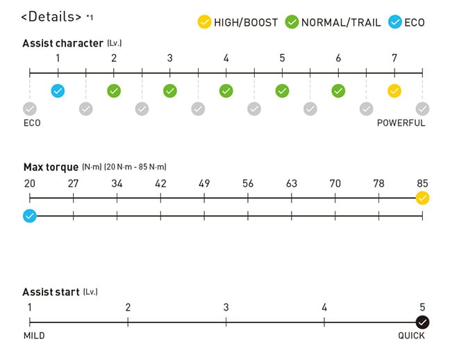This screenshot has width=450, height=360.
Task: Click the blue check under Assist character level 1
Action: (58, 90)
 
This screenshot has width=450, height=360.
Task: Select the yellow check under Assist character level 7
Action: (394, 90)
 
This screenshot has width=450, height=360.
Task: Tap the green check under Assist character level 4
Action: (226, 90)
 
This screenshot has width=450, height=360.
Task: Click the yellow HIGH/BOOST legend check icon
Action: (203, 22)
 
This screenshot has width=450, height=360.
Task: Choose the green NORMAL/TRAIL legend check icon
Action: (292, 22)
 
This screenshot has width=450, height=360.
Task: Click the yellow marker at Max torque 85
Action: (422, 198)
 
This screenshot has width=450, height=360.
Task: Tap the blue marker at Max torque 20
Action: (29, 216)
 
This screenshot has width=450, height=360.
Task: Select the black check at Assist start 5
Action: (422, 322)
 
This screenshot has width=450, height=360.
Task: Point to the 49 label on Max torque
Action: (204, 184)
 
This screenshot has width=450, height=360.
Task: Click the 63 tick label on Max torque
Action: (292, 184)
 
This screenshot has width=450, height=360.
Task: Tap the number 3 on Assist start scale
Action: (226, 307)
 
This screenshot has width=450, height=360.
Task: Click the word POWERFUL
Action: (401, 123)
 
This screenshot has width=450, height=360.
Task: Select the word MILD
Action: (34, 336)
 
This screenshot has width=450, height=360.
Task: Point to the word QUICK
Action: (411, 336)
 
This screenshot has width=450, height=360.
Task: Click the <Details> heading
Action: (51, 16)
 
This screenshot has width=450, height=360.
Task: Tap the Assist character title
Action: (63, 43)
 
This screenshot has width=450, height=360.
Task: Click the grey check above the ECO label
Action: (30, 108)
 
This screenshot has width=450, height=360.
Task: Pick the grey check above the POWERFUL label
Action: (422, 108)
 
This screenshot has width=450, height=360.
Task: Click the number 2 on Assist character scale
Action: (114, 58)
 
